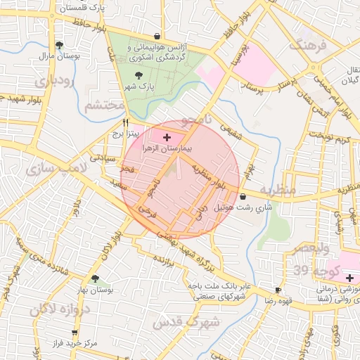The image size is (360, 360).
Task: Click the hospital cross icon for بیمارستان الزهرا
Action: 166,136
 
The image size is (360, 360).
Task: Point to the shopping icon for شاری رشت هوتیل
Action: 243,197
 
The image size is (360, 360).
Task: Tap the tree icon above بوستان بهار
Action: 95,278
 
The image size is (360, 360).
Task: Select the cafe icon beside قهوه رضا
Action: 278,290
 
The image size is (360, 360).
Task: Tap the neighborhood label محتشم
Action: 103,105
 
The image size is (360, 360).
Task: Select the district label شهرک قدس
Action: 196,321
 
